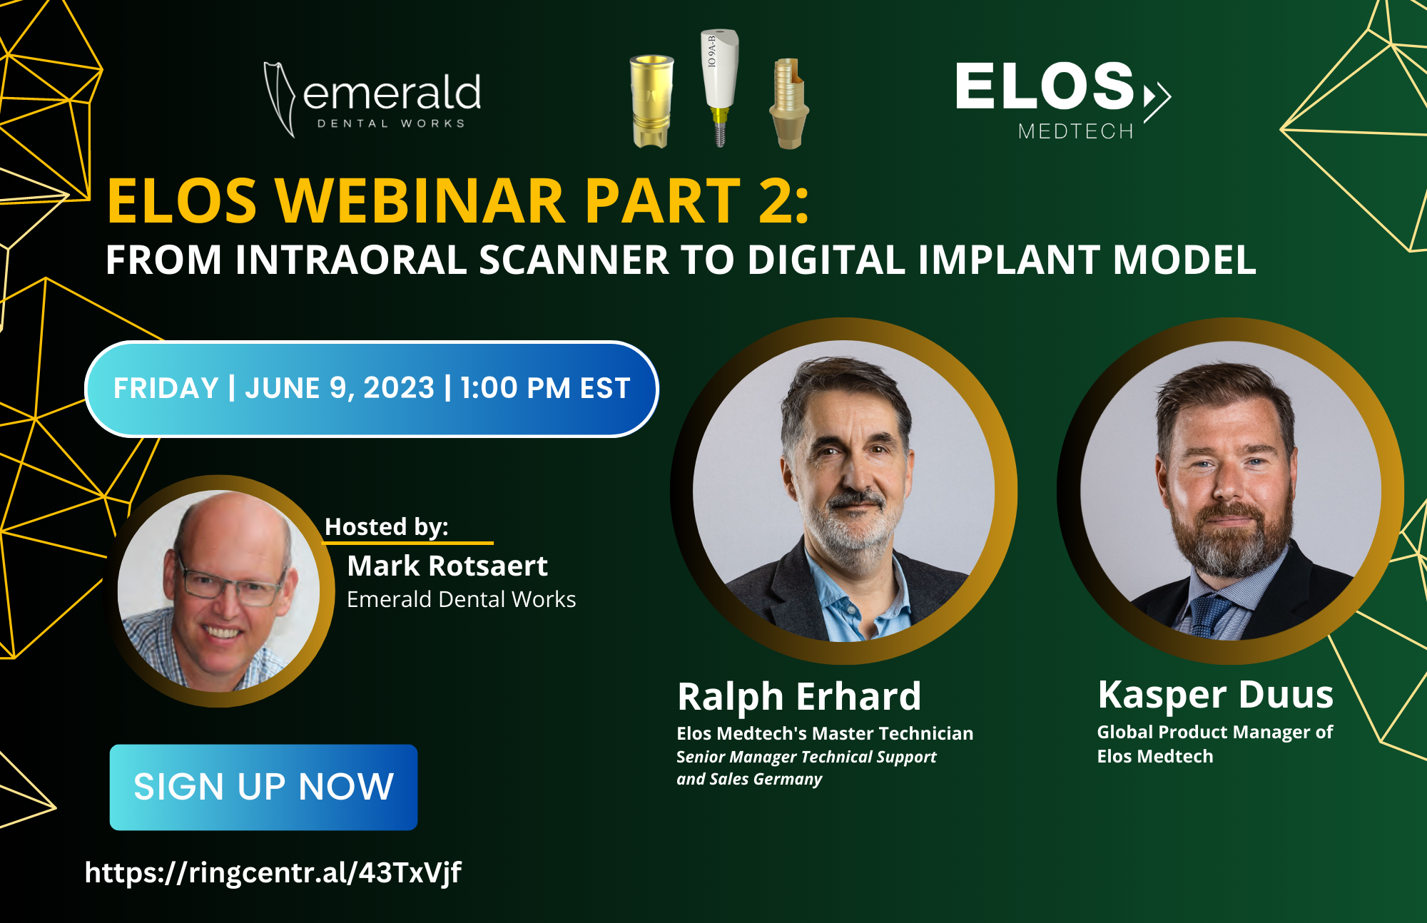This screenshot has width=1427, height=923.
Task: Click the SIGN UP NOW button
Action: pyautogui.click(x=263, y=787)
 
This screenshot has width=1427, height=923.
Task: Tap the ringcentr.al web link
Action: pyautogui.click(x=273, y=872)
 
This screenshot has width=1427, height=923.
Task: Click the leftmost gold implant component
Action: pyautogui.click(x=651, y=100)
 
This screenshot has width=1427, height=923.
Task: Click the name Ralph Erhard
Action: pyautogui.click(x=799, y=696)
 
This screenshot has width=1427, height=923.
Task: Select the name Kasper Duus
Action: pyautogui.click(x=1215, y=694)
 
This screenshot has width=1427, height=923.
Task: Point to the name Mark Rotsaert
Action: pyautogui.click(x=447, y=566)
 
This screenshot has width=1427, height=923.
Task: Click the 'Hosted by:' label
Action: pyautogui.click(x=386, y=526)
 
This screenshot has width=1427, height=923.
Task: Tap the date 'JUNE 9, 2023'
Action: pyautogui.click(x=340, y=388)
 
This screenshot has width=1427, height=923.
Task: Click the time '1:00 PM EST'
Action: pyautogui.click(x=545, y=388)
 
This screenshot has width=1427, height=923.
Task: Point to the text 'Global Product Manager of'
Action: pyautogui.click(x=1214, y=732)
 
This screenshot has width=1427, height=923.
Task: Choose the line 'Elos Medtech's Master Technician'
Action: pyautogui.click(x=825, y=733)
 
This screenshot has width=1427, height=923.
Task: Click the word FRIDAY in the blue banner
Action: pyautogui.click(x=166, y=388)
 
